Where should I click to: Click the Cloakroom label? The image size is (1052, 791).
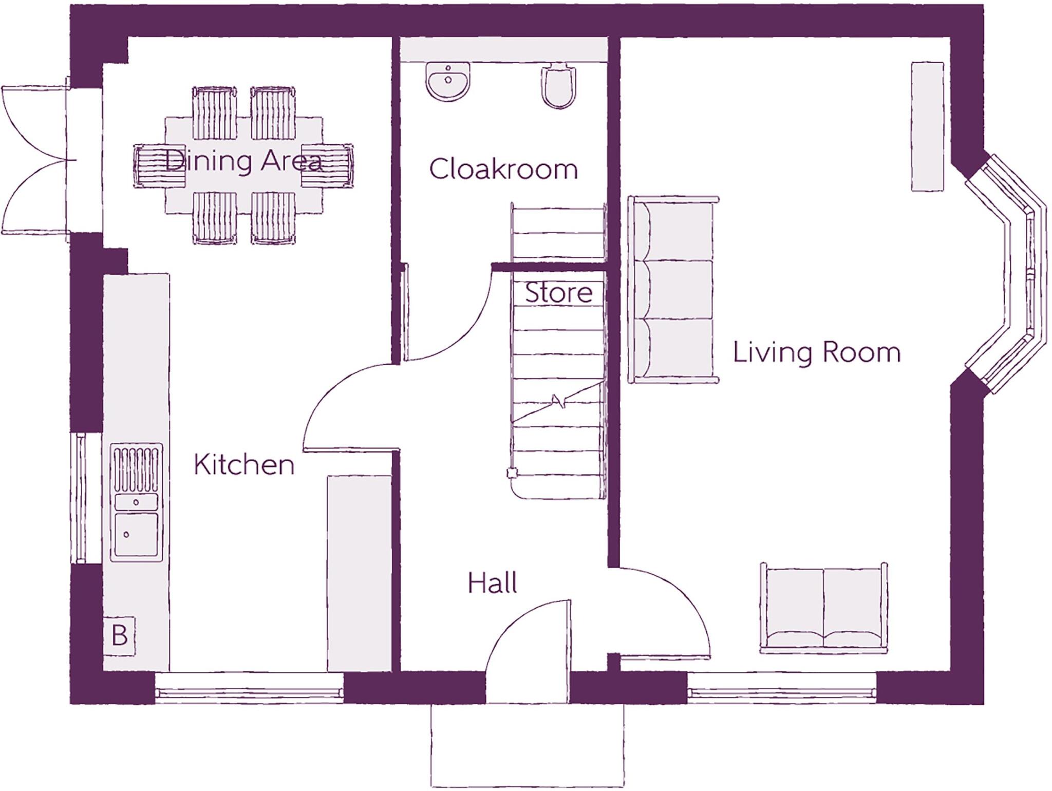tap(503, 169)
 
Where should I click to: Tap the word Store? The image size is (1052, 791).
tap(559, 293)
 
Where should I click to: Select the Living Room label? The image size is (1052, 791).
tap(817, 353)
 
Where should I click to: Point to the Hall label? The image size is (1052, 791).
tap(492, 583)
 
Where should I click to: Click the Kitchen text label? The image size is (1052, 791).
tap(244, 464)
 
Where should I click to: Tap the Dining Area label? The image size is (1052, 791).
tap(244, 160)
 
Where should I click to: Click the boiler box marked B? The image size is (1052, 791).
tap(119, 635)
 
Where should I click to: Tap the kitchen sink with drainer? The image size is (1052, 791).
tap(137, 502)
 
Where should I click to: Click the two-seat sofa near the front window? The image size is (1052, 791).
tap(823, 609)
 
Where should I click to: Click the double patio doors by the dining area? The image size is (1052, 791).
tap(36, 160)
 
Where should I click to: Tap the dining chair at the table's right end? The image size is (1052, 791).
tap(328, 166)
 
